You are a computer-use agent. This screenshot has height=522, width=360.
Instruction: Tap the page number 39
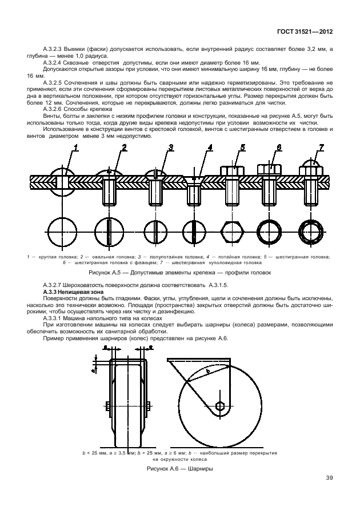point(329,478)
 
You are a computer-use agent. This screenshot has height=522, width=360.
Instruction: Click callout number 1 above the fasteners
point(75,148)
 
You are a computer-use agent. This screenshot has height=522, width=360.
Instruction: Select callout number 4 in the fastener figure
point(210,148)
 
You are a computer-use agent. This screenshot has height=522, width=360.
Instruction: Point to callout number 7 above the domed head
point(321,148)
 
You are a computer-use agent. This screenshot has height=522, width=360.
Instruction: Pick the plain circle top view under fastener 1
point(63,232)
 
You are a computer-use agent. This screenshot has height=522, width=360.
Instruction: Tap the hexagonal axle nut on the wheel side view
point(220,407)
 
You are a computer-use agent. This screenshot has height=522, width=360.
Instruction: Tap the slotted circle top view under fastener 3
point(155,232)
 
